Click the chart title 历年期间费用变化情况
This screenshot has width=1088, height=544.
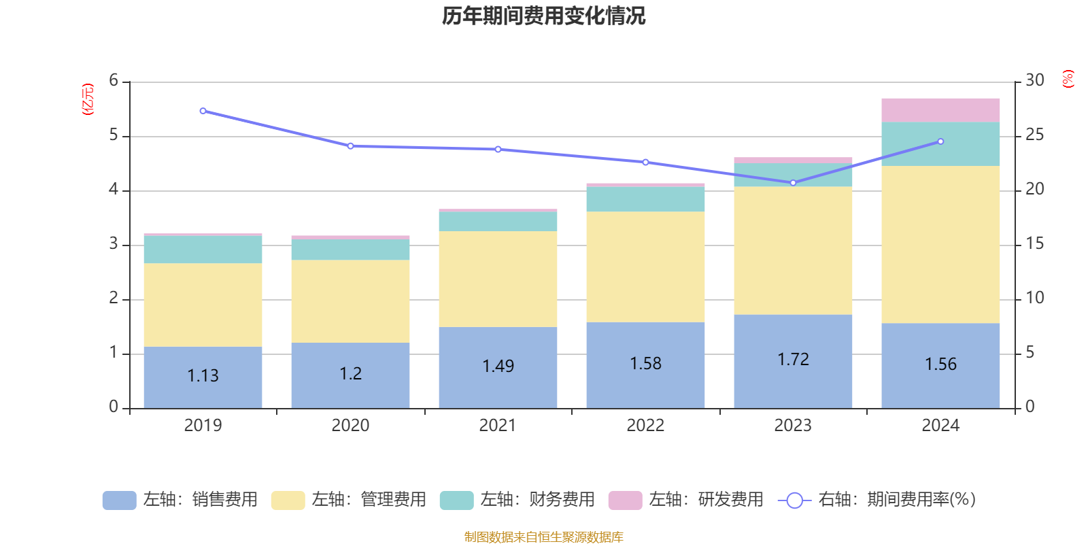[x=543, y=16]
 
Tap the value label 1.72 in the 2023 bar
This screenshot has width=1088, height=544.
[x=793, y=359]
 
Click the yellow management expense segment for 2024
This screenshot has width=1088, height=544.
[x=940, y=245]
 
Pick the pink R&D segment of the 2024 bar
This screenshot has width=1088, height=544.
[x=940, y=110]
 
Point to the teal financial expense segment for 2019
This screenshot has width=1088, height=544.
[x=203, y=250]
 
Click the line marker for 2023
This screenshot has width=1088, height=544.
[x=793, y=183]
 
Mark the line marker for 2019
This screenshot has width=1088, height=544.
[x=203, y=111]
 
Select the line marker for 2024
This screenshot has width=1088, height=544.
[x=940, y=141]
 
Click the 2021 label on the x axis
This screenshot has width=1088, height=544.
[x=498, y=426]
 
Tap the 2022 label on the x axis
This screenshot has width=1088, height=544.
[x=645, y=426]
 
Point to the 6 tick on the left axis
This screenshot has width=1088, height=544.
[x=114, y=81]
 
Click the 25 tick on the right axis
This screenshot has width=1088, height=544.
[x=1034, y=135]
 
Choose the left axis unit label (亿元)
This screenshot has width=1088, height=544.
[x=88, y=99]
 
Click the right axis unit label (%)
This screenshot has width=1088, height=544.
[x=1068, y=79]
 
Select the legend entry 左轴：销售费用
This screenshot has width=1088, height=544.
[x=180, y=500]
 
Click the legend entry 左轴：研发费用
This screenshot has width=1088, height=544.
[x=686, y=500]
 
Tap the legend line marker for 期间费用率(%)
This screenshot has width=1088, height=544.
[x=794, y=500]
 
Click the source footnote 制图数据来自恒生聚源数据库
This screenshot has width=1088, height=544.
[x=543, y=537]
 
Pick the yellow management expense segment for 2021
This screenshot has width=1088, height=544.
[x=498, y=279]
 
